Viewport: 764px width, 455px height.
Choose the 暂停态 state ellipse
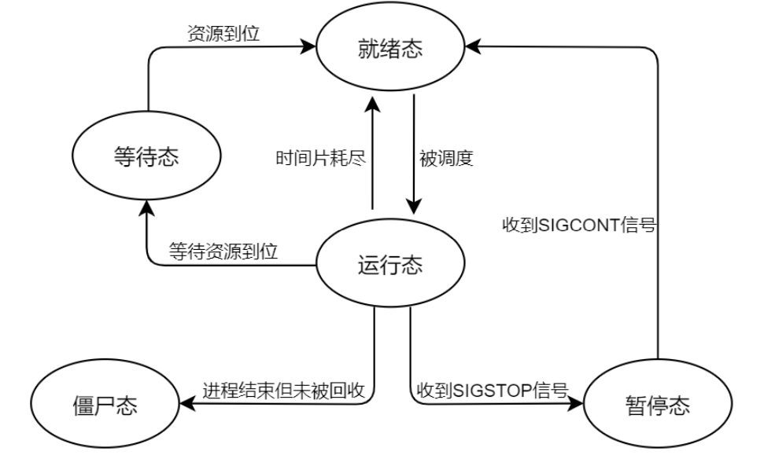point(659,405)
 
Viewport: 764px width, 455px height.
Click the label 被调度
point(445,157)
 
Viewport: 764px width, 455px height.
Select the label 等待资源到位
point(224,252)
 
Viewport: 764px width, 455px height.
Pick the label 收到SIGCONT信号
point(580,224)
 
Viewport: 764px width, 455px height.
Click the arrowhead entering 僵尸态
point(186,404)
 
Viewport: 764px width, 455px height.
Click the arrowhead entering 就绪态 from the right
point(470,49)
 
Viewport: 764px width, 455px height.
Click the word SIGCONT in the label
point(584,224)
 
